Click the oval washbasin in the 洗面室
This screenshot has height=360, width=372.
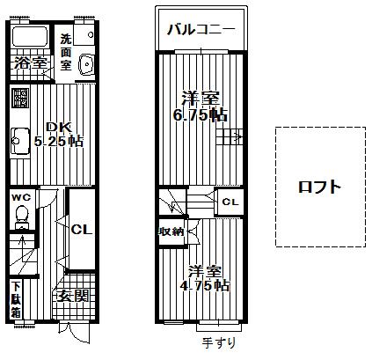coord(87,64)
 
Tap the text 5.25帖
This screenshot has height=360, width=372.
coord(59,142)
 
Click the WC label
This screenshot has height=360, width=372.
coord(20,198)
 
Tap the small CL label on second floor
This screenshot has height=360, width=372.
coord(230,202)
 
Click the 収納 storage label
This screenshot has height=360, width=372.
coord(171,231)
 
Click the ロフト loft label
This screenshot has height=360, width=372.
coord(318,187)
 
